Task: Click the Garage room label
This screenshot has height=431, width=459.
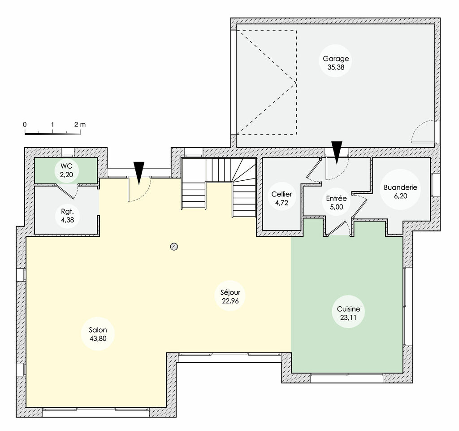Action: tap(336, 58)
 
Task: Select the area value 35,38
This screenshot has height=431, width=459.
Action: tap(336, 67)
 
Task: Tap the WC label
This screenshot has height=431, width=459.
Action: tap(66, 166)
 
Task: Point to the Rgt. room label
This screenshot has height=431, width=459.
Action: tap(67, 211)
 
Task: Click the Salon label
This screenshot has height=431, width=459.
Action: tap(98, 330)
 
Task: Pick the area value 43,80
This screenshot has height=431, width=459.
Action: tap(98, 339)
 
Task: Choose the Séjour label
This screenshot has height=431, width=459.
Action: tap(231, 292)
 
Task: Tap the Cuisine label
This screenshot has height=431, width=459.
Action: tap(349, 310)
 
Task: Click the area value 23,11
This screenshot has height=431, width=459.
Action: tap(349, 319)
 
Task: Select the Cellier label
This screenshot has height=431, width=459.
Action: tap(281, 194)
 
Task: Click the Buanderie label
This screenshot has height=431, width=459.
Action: tap(401, 187)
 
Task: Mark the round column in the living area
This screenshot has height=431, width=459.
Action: tap(174, 246)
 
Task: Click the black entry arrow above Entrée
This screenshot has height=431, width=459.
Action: tap(337, 151)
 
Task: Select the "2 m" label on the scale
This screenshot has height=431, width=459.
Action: tap(80, 124)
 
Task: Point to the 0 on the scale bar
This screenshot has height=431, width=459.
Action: tap(25, 124)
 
